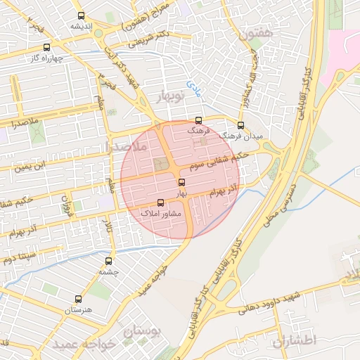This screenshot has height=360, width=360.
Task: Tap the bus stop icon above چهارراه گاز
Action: [46, 48]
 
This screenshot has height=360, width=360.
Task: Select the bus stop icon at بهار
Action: [181, 183]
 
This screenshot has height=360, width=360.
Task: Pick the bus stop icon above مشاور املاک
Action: [160, 202]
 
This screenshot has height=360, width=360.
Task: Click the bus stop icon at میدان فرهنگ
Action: [240, 125]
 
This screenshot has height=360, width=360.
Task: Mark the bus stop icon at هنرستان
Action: [78, 300]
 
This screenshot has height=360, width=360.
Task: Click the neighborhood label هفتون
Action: [252, 33]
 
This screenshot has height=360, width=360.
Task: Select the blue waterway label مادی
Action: [193, 87]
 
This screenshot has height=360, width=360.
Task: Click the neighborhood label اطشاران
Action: [295, 340]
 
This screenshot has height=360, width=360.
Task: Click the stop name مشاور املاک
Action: [161, 212]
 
